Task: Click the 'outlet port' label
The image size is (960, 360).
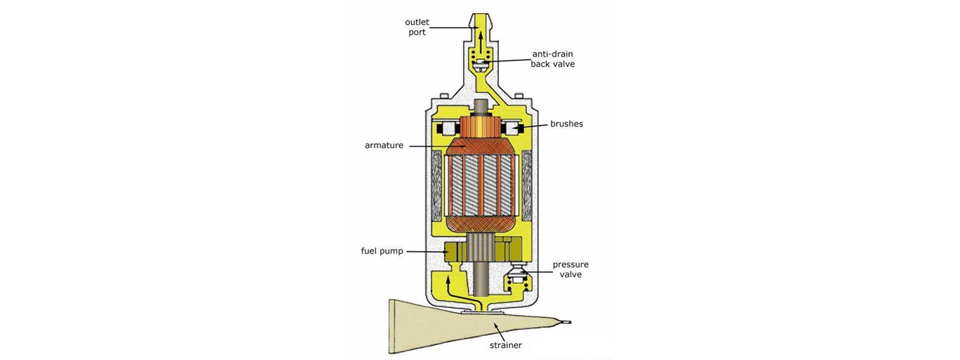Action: (x=417, y=27)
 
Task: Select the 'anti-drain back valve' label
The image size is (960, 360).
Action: (x=552, y=59)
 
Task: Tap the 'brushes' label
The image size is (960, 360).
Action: (x=566, y=124)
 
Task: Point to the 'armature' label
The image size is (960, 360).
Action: (x=384, y=145)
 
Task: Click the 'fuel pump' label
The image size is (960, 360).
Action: (x=382, y=251)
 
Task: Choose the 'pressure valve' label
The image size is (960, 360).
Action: (x=571, y=269)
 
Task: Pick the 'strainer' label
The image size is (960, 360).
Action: (x=506, y=345)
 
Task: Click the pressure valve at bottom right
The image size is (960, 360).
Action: (x=515, y=279)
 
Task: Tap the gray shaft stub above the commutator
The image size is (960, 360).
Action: (x=481, y=108)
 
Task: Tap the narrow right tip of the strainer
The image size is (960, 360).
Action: (x=564, y=322)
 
